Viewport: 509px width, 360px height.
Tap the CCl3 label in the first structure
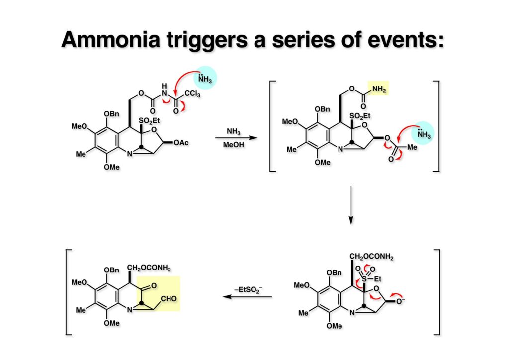pos(191,93)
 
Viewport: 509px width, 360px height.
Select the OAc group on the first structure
pos(181,143)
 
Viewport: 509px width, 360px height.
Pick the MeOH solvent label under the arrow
pos(233,144)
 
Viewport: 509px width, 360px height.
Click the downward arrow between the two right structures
pos(351,205)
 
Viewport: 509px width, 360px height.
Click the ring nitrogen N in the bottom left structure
pos(131,312)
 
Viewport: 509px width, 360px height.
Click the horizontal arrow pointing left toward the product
pos(247,297)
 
